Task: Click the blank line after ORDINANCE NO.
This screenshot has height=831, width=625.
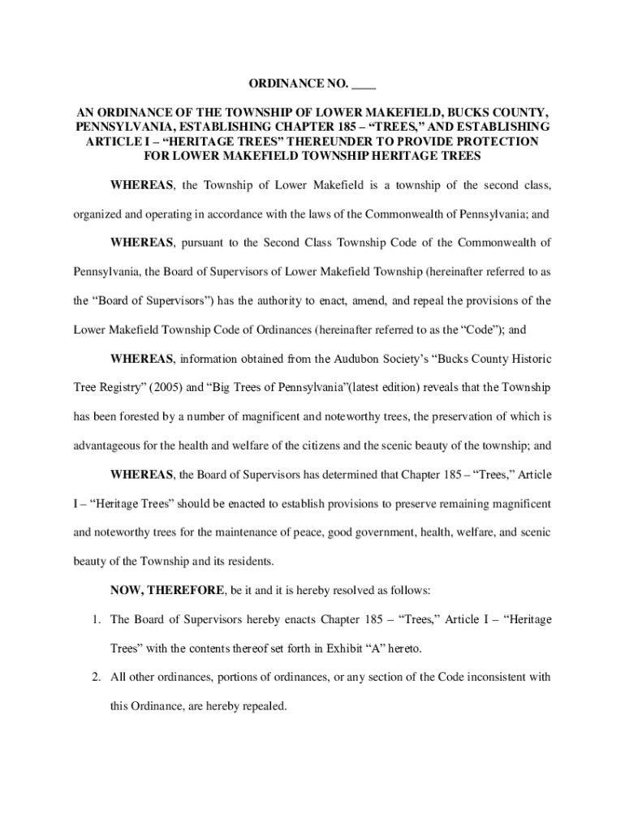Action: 364,84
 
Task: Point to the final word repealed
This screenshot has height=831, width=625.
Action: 262,706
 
